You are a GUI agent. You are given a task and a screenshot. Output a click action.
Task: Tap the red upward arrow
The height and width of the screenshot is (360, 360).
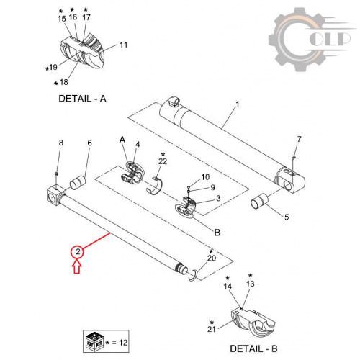(x=77, y=267)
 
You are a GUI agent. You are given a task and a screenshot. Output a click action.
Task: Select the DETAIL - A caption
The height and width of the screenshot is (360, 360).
(x=82, y=99)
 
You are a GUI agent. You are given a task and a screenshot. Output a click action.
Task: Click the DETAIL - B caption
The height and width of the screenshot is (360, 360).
(x=253, y=348)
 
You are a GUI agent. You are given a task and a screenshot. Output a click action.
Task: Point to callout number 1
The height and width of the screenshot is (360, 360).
(x=237, y=104)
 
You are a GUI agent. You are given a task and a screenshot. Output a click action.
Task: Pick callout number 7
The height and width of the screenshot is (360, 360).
(x=299, y=139)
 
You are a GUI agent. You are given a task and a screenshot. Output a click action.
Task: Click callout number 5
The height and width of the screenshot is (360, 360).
(x=287, y=217)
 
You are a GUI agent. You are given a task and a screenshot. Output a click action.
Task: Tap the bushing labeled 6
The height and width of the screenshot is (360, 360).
(x=78, y=183)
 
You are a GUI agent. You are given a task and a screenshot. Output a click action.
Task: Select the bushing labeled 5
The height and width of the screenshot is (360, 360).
(x=259, y=201)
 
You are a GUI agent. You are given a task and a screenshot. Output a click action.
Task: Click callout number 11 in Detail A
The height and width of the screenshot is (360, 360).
(x=123, y=45)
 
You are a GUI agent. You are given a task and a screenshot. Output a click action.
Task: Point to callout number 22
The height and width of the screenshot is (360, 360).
(x=163, y=161)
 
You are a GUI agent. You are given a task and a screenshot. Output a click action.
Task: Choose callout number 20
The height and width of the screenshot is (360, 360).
(x=212, y=258)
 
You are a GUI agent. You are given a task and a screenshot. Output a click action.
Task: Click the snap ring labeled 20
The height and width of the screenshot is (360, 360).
(x=193, y=275)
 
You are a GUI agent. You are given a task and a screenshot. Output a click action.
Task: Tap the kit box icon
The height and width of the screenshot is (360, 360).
(x=94, y=342)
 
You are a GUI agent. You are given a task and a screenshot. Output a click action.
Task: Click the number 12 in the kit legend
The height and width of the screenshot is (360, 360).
(x=123, y=343)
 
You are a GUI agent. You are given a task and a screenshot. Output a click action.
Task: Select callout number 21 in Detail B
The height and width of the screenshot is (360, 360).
(x=212, y=329)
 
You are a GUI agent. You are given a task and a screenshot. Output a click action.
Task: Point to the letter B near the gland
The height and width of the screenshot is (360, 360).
(x=217, y=233)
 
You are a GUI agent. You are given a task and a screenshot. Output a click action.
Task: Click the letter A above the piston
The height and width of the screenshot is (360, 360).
(x=122, y=140)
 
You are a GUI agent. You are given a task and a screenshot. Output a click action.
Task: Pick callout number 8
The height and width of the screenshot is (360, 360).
(x=61, y=143)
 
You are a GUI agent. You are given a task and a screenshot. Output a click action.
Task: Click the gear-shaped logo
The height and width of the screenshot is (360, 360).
(x=297, y=40)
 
